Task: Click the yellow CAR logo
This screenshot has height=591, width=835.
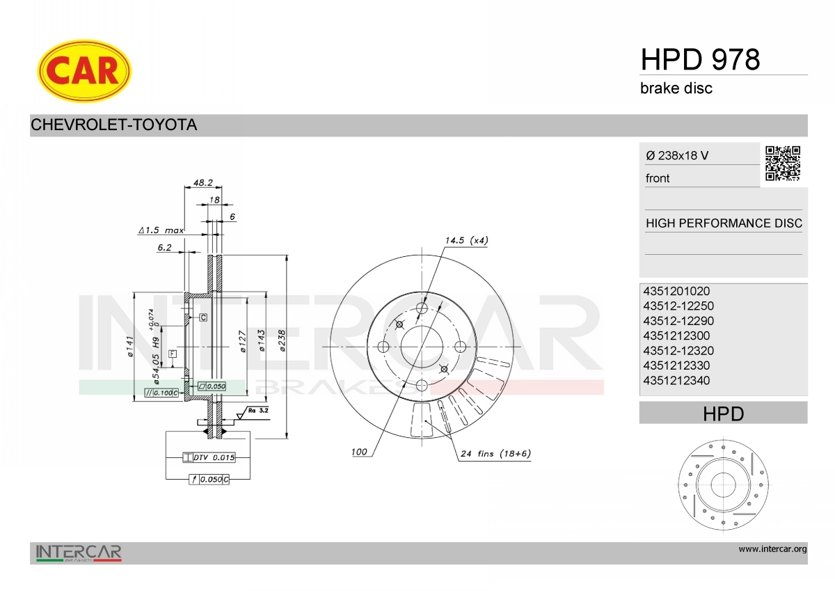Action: pyautogui.click(x=84, y=70)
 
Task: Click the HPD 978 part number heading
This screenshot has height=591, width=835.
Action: pyautogui.click(x=700, y=60)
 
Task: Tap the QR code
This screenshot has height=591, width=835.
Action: pyautogui.click(x=783, y=163)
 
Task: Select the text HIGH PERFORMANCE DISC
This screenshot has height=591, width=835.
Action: pyautogui.click(x=724, y=223)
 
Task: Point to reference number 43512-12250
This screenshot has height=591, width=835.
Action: pyautogui.click(x=678, y=306)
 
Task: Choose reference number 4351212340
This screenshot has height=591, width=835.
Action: pyautogui.click(x=676, y=381)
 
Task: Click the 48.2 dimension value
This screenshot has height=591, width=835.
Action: pyautogui.click(x=202, y=182)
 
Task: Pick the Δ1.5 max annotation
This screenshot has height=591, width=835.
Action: pyautogui.click(x=161, y=230)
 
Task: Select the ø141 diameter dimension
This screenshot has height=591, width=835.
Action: pyautogui.click(x=129, y=346)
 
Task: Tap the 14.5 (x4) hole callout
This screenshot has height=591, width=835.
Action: pyautogui.click(x=466, y=240)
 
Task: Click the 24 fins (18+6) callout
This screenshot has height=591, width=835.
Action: pyautogui.click(x=495, y=454)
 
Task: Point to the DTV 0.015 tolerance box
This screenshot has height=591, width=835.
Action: pyautogui.click(x=209, y=457)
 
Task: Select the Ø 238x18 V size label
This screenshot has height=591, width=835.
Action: pyautogui.click(x=678, y=156)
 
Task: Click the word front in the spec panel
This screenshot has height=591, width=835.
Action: pyautogui.click(x=658, y=178)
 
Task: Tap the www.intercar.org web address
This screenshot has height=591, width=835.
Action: pyautogui.click(x=772, y=549)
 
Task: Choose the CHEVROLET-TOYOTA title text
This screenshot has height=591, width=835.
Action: pyautogui.click(x=114, y=125)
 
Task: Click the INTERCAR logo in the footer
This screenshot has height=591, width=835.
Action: pyautogui.click(x=79, y=553)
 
